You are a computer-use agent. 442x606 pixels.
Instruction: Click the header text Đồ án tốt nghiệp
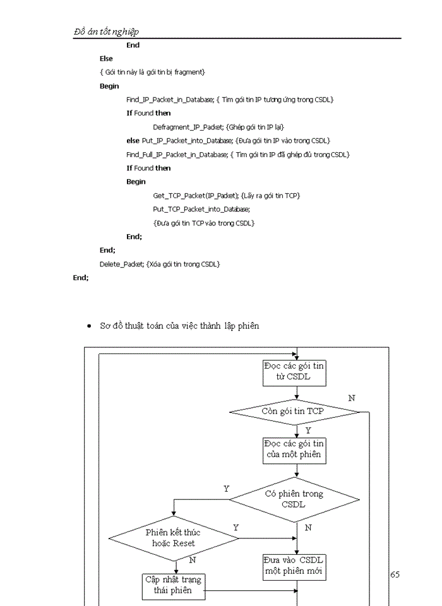pyautogui.click(x=107, y=32)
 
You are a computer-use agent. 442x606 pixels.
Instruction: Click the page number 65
pyautogui.click(x=395, y=574)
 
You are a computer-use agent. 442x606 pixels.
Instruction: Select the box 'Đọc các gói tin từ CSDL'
pyautogui.click(x=294, y=372)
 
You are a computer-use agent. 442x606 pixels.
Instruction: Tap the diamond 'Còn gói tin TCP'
pyautogui.click(x=294, y=412)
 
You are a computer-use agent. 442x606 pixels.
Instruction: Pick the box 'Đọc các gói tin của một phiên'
pyautogui.click(x=294, y=449)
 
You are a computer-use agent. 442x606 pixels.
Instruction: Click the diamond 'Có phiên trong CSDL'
pyautogui.click(x=294, y=499)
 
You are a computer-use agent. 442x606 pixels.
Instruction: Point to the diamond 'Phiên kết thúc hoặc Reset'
pyautogui.click(x=174, y=538)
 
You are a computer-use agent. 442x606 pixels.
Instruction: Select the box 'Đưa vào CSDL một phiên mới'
pyautogui.click(x=294, y=566)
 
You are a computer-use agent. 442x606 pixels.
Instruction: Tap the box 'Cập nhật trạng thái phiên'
pyautogui.click(x=174, y=585)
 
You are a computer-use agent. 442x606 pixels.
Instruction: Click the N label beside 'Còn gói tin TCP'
pyautogui.click(x=352, y=398)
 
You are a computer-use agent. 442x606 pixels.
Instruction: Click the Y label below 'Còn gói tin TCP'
pyautogui.click(x=308, y=430)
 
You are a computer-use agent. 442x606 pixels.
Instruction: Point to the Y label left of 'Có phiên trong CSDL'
pyautogui.click(x=227, y=489)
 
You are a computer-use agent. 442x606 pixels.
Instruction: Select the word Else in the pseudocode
pyautogui.click(x=106, y=59)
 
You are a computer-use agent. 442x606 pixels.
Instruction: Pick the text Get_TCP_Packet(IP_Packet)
pyautogui.click(x=196, y=196)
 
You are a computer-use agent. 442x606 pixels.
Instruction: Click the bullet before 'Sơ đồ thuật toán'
pyautogui.click(x=90, y=327)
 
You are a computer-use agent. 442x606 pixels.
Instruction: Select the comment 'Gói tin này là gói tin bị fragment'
pyautogui.click(x=152, y=73)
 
